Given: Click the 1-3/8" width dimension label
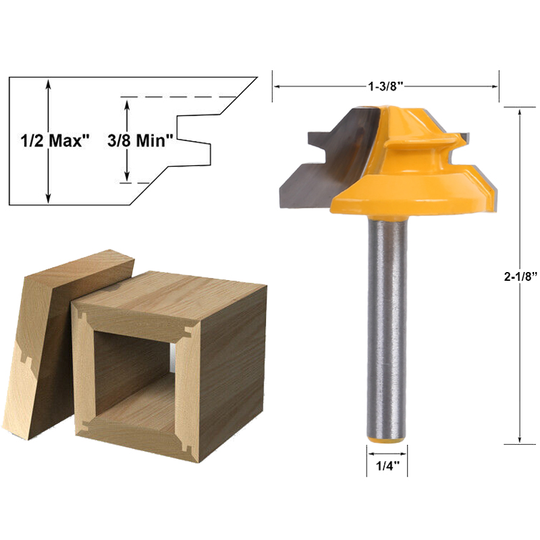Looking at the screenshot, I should click(386, 86).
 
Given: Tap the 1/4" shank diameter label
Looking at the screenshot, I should click(386, 466).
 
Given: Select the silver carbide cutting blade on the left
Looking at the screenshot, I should click(317, 162).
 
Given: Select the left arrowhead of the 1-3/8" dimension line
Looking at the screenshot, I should click(277, 86).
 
